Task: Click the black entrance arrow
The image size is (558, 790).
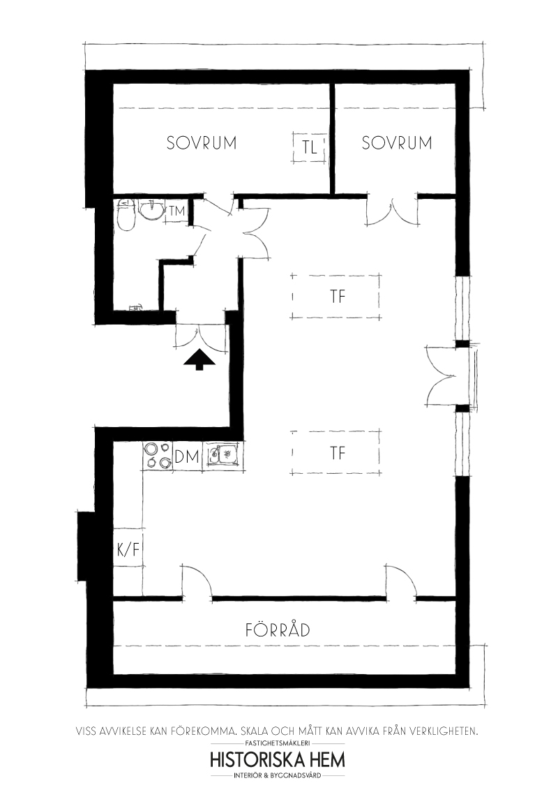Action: pos(199,359)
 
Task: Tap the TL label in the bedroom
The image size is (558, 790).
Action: pos(310,148)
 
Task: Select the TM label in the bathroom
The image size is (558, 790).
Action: pos(177,211)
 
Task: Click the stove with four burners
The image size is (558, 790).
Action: pos(158,456)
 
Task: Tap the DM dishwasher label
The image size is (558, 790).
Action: pos(186,457)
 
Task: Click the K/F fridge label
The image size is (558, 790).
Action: pos(128,549)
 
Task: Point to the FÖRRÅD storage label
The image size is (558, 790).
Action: pos(278,629)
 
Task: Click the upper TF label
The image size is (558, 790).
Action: pos(338,296)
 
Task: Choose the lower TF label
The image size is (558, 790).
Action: pos(338,453)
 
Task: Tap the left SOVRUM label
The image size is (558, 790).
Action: pos(202,142)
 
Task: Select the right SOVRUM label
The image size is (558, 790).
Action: pos(397,142)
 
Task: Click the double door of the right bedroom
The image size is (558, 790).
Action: pos(392,210)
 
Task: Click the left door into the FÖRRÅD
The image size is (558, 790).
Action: pos(197,581)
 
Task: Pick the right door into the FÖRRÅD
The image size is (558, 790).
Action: pos(402,581)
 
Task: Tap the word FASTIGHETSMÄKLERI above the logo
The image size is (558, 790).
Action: pos(278,743)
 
